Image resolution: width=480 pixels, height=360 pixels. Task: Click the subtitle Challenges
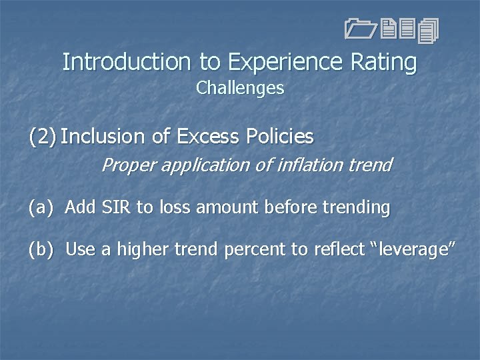(240, 88)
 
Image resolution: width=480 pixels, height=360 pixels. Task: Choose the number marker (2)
(42, 137)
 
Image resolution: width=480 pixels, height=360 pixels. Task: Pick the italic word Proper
(125, 164)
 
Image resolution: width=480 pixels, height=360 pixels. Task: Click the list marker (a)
(41, 208)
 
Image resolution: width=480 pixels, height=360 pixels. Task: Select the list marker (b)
(41, 250)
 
